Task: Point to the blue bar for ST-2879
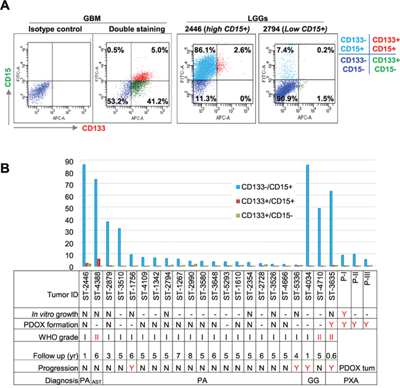pyautogui.click(x=108, y=244)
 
